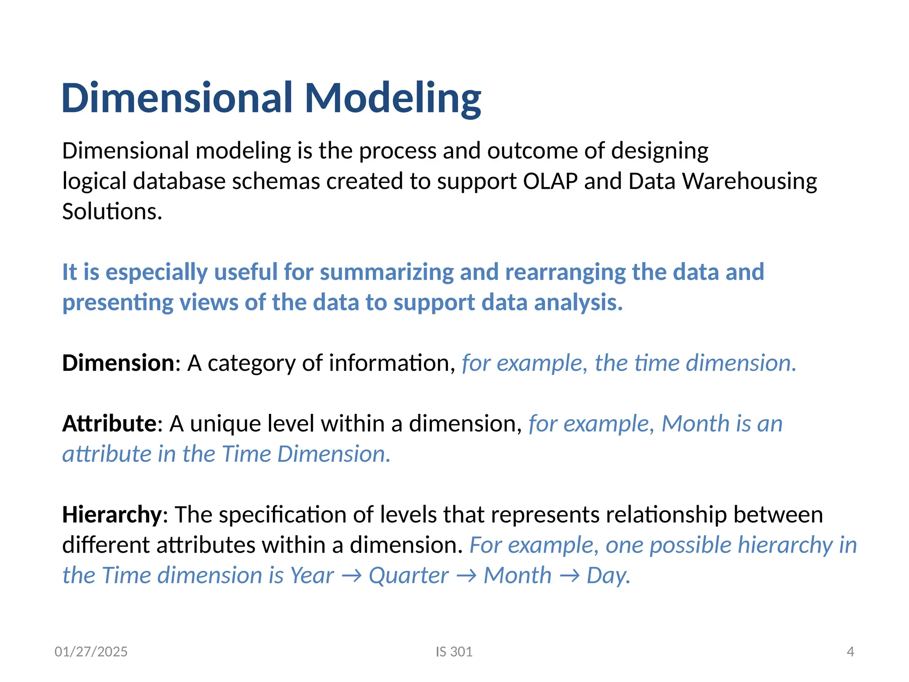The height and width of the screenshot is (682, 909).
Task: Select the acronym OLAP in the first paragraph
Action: (550, 181)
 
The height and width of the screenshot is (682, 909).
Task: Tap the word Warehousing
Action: (749, 181)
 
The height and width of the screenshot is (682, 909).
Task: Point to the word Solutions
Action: (112, 211)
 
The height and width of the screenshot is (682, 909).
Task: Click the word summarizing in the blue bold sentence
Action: (387, 272)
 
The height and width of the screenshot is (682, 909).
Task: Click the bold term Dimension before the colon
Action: (118, 363)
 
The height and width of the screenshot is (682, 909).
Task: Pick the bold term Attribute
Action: (109, 424)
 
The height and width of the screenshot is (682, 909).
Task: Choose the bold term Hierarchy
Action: (112, 515)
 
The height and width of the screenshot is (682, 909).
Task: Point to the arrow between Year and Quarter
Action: (352, 576)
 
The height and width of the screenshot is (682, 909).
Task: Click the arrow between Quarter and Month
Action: (466, 576)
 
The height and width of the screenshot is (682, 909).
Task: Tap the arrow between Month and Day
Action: (569, 576)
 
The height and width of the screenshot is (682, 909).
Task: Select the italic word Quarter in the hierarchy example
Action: (408, 575)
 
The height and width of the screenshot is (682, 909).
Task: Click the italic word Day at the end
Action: (608, 575)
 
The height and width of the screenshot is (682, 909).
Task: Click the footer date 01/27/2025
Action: (91, 652)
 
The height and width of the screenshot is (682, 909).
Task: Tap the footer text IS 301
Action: (454, 652)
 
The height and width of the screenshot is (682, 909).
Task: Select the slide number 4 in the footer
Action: (850, 652)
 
